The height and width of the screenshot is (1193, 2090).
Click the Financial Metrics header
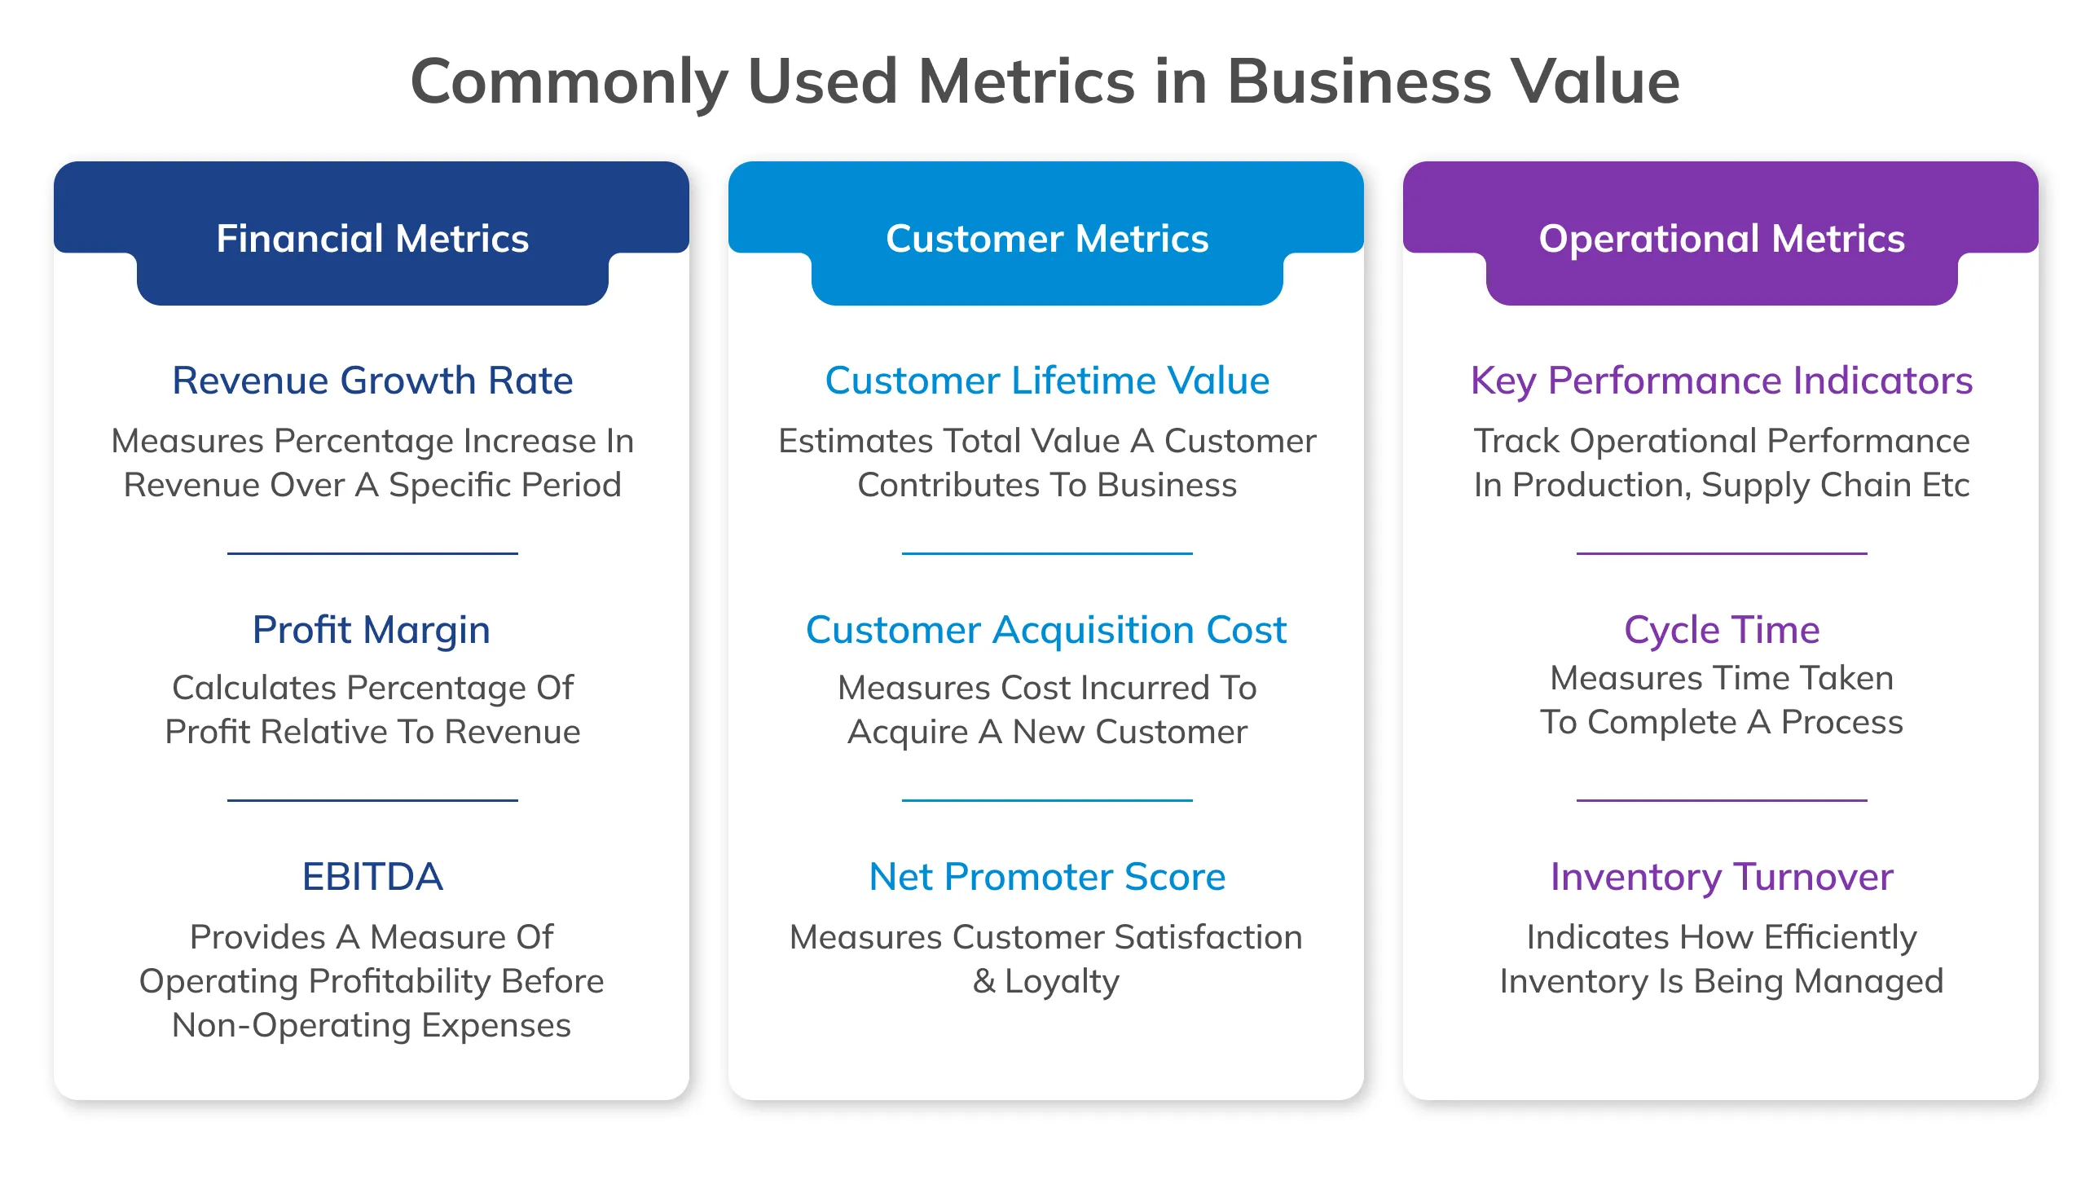coord(372,239)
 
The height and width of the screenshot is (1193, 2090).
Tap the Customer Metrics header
coord(1046,239)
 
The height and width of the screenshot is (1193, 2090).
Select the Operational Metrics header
coord(1721,239)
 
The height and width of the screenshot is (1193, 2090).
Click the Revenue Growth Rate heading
coord(372,381)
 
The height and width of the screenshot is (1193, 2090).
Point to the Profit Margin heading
coord(371,630)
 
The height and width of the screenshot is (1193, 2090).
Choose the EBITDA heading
coord(372,877)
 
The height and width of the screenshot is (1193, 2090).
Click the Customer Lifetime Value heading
coord(1046,381)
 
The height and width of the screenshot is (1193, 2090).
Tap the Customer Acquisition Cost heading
coord(1045,630)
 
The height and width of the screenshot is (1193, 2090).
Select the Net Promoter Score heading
coord(1046,877)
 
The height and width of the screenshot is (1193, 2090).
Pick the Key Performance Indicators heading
coord(1721,381)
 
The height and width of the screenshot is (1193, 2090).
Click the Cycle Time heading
coord(1721,630)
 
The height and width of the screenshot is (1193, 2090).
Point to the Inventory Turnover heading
coord(1721,877)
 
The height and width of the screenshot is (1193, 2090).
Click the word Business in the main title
coord(1357,82)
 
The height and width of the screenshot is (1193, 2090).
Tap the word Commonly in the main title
coord(569,82)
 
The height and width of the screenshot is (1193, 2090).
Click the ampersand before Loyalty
coord(983,981)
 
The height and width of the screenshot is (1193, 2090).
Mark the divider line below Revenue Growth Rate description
coord(372,553)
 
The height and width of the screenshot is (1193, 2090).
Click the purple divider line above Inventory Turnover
coord(1721,799)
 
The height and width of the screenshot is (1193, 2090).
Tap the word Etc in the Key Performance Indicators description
coord(1944,485)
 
